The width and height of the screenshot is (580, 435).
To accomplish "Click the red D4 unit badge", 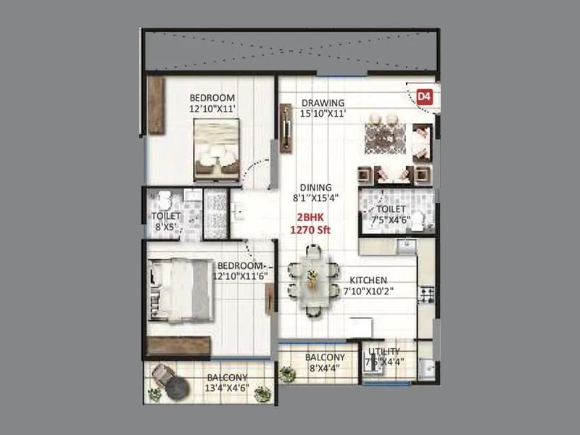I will coord(425,96).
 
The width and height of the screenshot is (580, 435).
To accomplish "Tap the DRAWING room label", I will coord(323,102).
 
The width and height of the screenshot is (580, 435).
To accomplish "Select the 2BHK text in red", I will coord(307,217).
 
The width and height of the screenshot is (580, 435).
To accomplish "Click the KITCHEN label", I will coord(368,280).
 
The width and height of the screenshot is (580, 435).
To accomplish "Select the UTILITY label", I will coord(384,352).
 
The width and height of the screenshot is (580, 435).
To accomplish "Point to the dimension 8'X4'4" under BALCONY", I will coord(324,368).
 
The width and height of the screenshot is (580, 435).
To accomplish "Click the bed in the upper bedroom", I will coord(216,149).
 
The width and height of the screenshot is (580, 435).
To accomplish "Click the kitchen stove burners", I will coord(425,294).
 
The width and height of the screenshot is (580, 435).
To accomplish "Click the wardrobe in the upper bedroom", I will coord(155,106).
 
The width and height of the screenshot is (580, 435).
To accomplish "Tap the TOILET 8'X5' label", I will coord(165,220).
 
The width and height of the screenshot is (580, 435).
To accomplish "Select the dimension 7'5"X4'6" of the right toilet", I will coord(391,219).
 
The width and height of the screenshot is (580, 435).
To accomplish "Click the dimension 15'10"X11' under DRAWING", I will coord(323,113).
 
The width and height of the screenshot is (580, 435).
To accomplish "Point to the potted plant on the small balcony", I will coord(288,373).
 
